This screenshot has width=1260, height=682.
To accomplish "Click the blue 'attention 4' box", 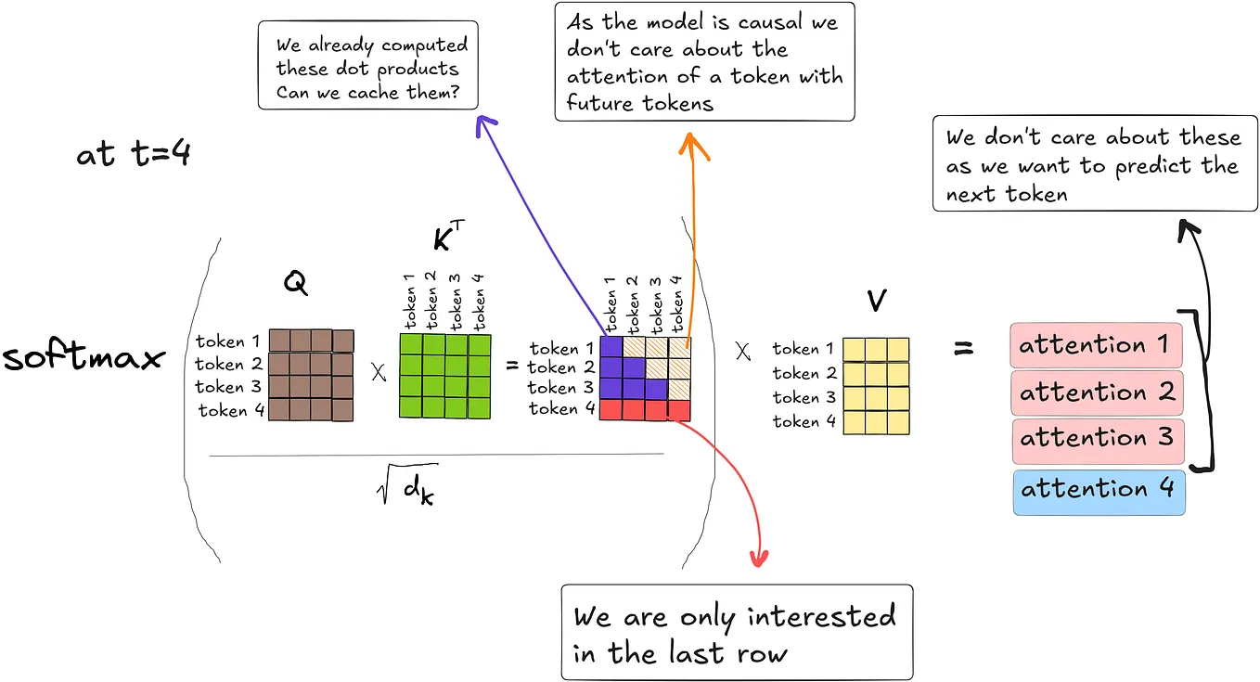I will coord(1097,489).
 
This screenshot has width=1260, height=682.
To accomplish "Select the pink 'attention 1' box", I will coord(1097,345).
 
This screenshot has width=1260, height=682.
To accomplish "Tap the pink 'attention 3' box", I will coord(1097,439).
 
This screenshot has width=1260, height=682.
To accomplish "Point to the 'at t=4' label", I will coord(134,154).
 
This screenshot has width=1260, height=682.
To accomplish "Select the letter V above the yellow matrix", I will coord(876,300).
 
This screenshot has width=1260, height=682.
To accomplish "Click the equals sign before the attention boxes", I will coord(964,350).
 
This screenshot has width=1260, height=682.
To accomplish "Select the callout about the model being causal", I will coord(704,62).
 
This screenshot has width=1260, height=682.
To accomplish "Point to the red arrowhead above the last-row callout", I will coord(759,559).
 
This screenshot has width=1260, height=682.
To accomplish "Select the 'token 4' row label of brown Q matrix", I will coord(224,410).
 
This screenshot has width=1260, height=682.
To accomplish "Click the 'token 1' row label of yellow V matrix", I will coord(796,349).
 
